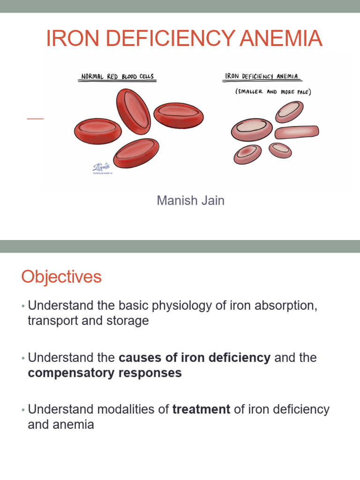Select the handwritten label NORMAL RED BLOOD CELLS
tap(117, 76)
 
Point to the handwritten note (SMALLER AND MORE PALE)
tap(273, 92)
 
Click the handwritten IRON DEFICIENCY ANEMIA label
tap(263, 76)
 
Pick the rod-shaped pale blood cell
tap(297, 133)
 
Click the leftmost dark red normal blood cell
tap(97, 130)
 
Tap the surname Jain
tap(213, 201)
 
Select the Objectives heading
tap(61, 277)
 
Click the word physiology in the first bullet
tap(174, 306)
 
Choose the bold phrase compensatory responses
tap(105, 374)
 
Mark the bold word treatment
tap(201, 409)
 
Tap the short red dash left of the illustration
tap(35, 119)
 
